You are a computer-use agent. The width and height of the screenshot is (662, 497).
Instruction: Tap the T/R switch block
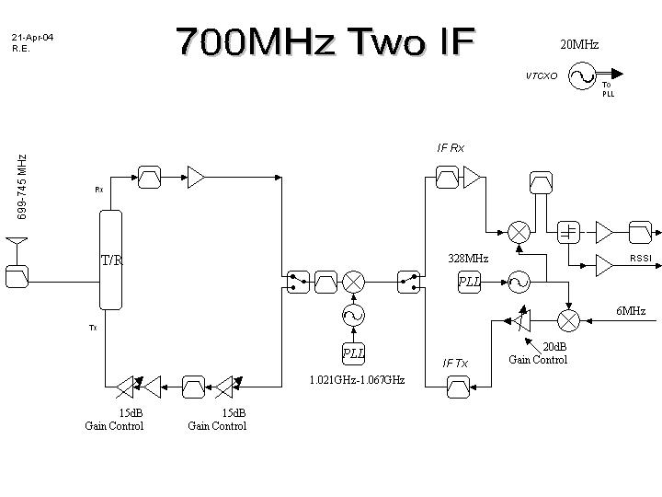[x=110, y=260]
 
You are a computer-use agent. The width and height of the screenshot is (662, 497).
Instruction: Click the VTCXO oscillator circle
[x=582, y=75]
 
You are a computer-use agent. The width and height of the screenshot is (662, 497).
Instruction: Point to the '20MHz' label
[x=579, y=44]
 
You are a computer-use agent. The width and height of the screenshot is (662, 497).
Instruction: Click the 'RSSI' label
[x=640, y=259]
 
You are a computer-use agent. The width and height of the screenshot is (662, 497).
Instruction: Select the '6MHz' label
[x=631, y=311]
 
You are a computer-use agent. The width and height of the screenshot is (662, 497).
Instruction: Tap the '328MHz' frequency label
[x=467, y=259]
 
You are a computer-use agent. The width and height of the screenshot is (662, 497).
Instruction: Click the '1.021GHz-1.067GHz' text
[x=357, y=379]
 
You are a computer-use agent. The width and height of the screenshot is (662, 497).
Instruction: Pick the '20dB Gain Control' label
[x=538, y=353]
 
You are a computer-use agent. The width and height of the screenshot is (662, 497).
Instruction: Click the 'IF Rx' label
[x=451, y=147]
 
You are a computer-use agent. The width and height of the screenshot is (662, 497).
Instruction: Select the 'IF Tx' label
[x=455, y=363]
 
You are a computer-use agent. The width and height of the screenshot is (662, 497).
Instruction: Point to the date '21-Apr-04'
[x=33, y=37]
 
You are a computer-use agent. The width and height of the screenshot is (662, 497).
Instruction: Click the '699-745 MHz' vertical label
[x=22, y=187]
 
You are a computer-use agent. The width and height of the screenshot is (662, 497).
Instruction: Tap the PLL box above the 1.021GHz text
[x=353, y=353]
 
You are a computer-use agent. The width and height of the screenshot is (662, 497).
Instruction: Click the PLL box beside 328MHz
[x=470, y=282]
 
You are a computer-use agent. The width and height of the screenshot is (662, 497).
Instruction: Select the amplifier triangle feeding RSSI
[x=604, y=265]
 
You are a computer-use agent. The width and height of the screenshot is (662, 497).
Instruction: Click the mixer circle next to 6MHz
[x=569, y=319]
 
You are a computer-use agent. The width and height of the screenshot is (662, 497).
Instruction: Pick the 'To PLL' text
[x=609, y=89]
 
